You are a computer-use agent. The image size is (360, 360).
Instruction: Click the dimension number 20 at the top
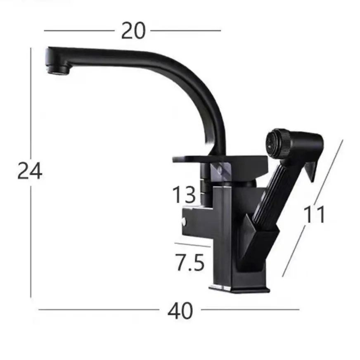(133, 31)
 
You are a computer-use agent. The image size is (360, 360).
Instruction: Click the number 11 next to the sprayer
(315, 215)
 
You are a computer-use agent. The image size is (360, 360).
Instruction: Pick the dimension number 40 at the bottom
(180, 310)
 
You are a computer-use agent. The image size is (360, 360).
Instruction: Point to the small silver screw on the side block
(184, 223)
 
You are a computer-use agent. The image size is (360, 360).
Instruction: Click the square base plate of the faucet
(239, 289)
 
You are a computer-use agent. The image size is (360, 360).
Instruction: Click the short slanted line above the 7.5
(193, 245)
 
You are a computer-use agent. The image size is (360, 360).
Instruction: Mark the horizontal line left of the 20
(78, 30)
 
